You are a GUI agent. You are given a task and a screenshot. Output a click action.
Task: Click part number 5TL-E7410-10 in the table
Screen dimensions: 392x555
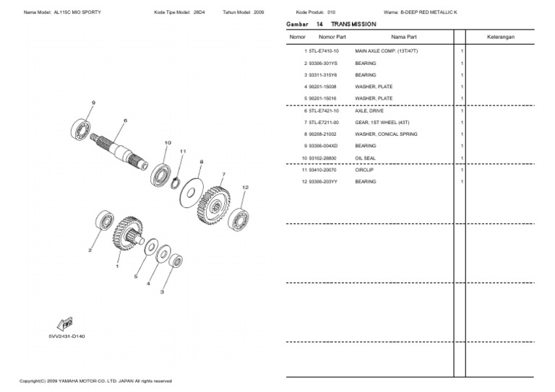pos(324,52)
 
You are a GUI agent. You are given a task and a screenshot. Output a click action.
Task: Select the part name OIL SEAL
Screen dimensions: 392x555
pos(365,158)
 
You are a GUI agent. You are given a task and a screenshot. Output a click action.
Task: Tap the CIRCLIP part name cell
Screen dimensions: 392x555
pos(365,170)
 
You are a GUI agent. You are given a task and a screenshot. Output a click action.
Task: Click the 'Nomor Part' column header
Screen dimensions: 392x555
pos(332,36)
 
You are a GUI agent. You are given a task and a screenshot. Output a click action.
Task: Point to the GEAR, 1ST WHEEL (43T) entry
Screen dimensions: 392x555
pos(380,123)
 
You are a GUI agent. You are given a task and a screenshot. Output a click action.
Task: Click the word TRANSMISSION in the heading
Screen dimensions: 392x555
pos(354,24)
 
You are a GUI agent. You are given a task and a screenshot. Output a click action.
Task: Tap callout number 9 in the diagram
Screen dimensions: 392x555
pos(92,103)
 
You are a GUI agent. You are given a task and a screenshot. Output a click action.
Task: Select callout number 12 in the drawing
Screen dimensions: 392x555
pos(245,187)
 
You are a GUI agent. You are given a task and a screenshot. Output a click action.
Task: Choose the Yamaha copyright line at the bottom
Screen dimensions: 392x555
pos(95,380)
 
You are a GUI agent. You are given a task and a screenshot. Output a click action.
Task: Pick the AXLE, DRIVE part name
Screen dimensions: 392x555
pos(366,111)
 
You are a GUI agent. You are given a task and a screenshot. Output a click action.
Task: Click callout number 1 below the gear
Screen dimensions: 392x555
pos(117,266)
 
